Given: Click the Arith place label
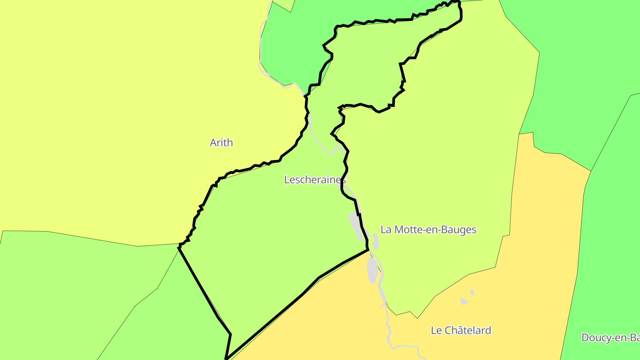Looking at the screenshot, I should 221,143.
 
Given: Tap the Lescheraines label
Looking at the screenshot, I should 315,180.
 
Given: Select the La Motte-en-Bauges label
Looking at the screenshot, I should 428,230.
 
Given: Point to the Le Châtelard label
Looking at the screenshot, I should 461,330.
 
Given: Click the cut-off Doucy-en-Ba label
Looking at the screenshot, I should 611,338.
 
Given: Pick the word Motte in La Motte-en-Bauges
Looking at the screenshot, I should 408,230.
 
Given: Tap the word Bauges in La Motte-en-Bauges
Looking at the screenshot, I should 460,230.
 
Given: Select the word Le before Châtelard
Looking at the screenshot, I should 436,330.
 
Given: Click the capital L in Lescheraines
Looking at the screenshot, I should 287,180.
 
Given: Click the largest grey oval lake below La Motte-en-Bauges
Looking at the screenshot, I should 372,270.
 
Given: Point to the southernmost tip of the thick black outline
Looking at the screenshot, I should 226,358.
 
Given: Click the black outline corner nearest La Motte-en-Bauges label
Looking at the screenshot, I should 368,249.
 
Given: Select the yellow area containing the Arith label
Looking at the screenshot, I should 111,111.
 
